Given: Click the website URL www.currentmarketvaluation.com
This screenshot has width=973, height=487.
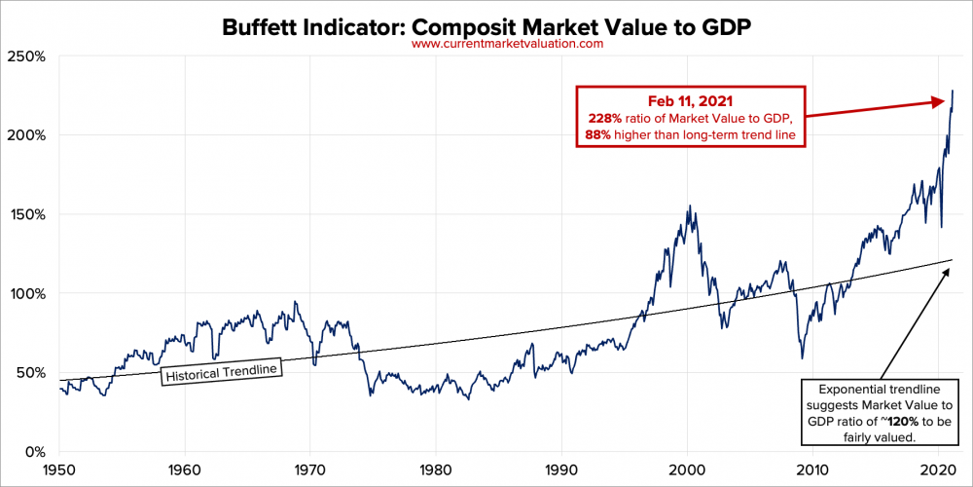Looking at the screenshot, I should coord(507,44).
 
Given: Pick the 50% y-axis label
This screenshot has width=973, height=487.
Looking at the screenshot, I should coord(34,372).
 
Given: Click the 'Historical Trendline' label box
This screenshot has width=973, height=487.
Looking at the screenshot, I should coord(221,373).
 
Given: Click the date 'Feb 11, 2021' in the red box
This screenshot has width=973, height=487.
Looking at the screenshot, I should coord(689,100).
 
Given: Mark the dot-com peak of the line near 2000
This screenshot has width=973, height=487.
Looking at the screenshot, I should coord(690,206).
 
